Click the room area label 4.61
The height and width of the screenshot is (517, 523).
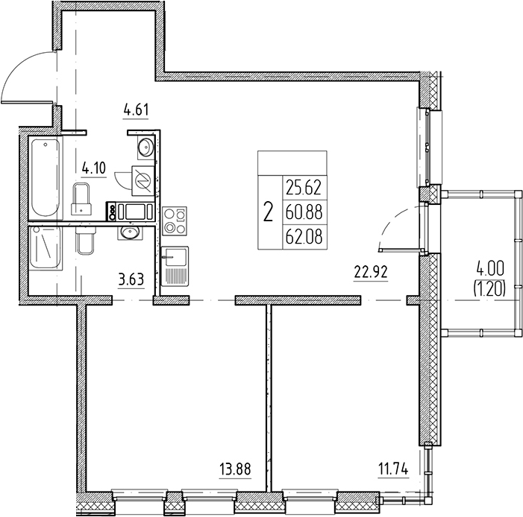pos(136,110)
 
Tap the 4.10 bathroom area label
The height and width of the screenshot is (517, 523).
pos(94,168)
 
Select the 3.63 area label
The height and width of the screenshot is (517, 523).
pos(131,279)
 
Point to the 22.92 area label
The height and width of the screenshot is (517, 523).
pos(371,273)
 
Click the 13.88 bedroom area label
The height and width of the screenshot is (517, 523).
pos(235,469)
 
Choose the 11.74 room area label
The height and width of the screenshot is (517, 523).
pos(393,469)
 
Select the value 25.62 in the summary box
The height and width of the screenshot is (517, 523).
pos(304,188)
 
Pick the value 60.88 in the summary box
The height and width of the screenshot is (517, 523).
pos(304,212)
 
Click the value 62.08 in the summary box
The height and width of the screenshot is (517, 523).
pos(304,237)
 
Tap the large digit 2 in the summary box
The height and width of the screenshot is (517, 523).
pos(268,212)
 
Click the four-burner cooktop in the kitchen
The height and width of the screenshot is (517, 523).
pos(175,221)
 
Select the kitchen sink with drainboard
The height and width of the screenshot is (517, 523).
pos(175,266)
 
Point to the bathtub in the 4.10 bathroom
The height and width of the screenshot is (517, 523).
pos(46,178)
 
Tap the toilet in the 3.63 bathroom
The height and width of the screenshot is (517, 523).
pos(86,240)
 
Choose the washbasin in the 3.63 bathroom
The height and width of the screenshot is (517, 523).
pos(130,233)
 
